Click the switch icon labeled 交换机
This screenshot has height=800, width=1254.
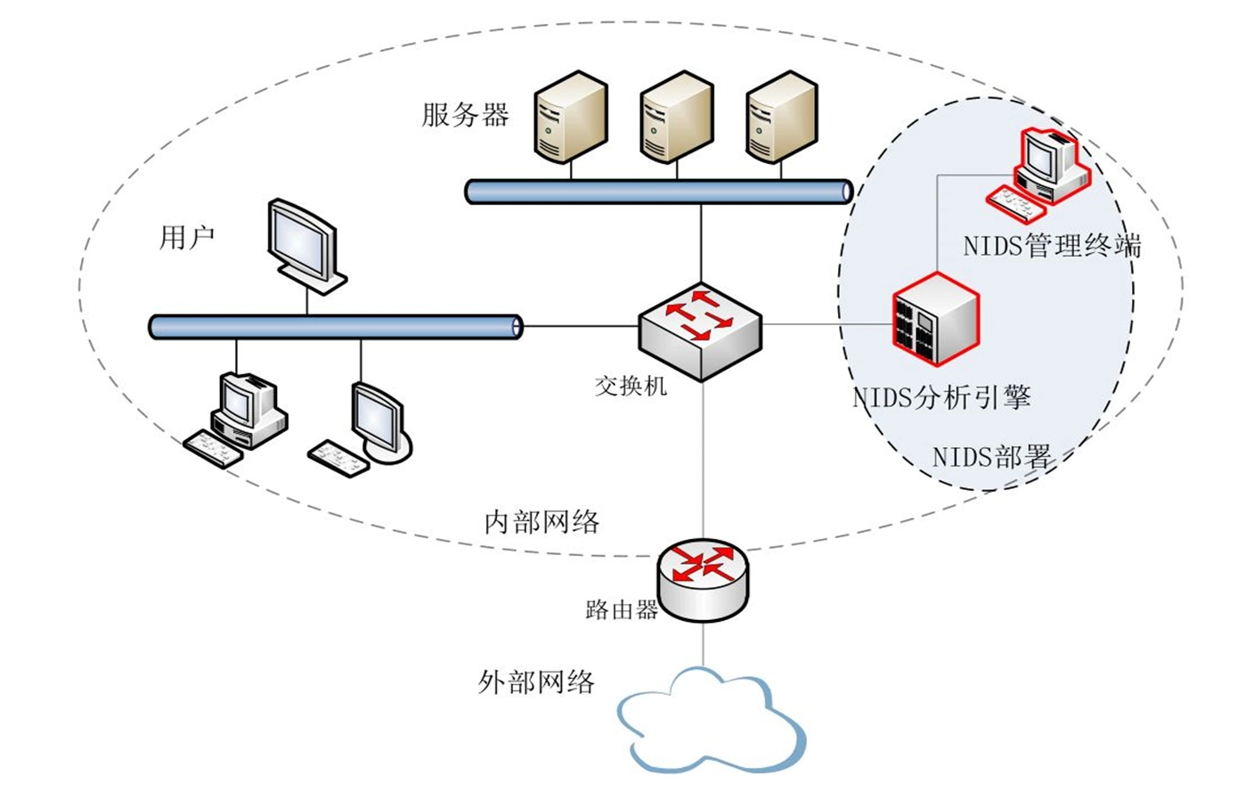click(x=700, y=330)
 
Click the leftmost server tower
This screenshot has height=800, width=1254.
click(x=570, y=117)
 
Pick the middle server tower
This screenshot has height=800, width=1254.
click(x=676, y=117)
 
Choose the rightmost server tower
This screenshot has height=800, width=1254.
click(x=781, y=117)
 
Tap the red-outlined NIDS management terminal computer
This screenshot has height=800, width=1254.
click(x=1039, y=174)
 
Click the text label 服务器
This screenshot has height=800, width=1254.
click(x=465, y=115)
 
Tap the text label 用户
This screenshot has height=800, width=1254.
click(x=187, y=238)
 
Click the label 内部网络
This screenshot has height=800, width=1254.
click(x=541, y=522)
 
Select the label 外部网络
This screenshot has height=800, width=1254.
click(x=536, y=682)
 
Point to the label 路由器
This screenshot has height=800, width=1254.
click(x=621, y=610)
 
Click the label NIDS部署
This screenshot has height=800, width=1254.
click(x=991, y=457)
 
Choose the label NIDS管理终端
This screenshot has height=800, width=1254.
click(x=1052, y=246)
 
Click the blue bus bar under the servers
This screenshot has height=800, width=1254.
click(x=658, y=192)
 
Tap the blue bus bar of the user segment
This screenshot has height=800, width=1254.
click(x=335, y=327)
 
